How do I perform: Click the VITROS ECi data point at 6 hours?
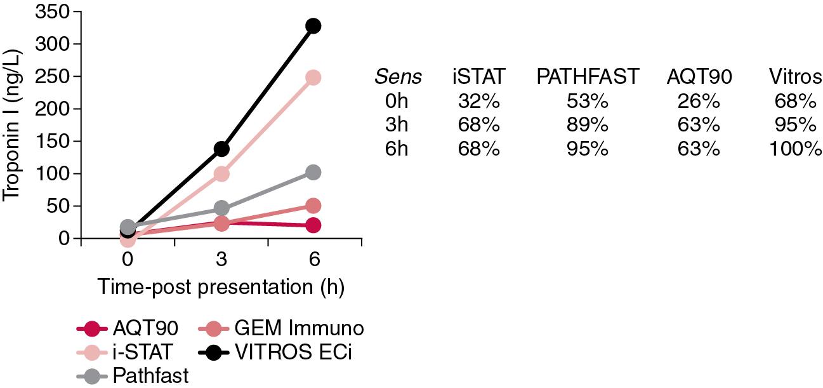pyautogui.click(x=313, y=26)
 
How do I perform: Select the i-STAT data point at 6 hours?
pyautogui.click(x=313, y=77)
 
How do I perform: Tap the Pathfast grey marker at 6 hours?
pyautogui.click(x=313, y=172)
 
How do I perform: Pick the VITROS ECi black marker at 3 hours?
pyautogui.click(x=221, y=149)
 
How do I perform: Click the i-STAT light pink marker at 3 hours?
pyautogui.click(x=221, y=173)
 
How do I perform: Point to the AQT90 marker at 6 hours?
pyautogui.click(x=313, y=225)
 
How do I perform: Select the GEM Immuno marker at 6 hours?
pyautogui.click(x=313, y=206)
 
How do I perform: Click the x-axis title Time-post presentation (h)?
pyautogui.click(x=221, y=288)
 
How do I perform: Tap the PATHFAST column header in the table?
pyautogui.click(x=587, y=77)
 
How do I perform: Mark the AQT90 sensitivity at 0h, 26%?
pyautogui.click(x=699, y=101)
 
